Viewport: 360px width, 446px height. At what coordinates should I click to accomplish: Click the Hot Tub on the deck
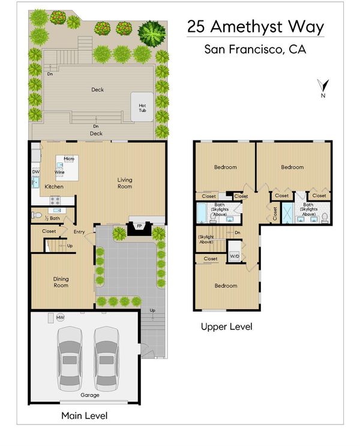click(x=142, y=107)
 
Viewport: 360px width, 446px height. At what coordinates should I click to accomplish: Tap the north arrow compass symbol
click(x=323, y=86)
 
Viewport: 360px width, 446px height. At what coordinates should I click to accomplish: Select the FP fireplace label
click(x=139, y=226)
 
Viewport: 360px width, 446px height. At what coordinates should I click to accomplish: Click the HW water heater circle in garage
click(x=60, y=318)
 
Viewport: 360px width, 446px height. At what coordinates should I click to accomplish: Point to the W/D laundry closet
click(x=235, y=251)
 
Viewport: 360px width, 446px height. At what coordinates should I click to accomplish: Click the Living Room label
click(x=125, y=183)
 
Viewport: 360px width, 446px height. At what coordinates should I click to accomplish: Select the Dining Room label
click(x=61, y=282)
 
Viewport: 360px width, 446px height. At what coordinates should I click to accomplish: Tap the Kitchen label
click(x=54, y=187)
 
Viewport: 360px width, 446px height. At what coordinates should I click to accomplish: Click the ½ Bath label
click(x=52, y=218)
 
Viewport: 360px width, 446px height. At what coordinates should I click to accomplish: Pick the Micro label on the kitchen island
click(x=69, y=158)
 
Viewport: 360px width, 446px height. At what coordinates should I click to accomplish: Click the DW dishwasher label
click(x=36, y=172)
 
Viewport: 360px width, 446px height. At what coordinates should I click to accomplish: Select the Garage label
click(x=90, y=395)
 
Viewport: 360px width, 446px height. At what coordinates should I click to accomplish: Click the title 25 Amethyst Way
click(x=256, y=27)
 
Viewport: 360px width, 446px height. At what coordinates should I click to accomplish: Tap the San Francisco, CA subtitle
click(x=255, y=49)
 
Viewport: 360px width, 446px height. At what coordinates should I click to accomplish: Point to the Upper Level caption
click(x=226, y=327)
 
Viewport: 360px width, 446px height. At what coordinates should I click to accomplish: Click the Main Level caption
click(x=85, y=415)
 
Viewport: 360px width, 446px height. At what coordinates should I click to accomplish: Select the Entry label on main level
click(x=79, y=232)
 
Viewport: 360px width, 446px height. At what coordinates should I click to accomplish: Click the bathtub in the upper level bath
click(x=202, y=212)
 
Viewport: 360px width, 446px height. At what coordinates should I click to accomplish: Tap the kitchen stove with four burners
click(x=55, y=200)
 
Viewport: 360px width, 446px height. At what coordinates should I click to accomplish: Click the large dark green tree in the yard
click(x=152, y=33)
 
